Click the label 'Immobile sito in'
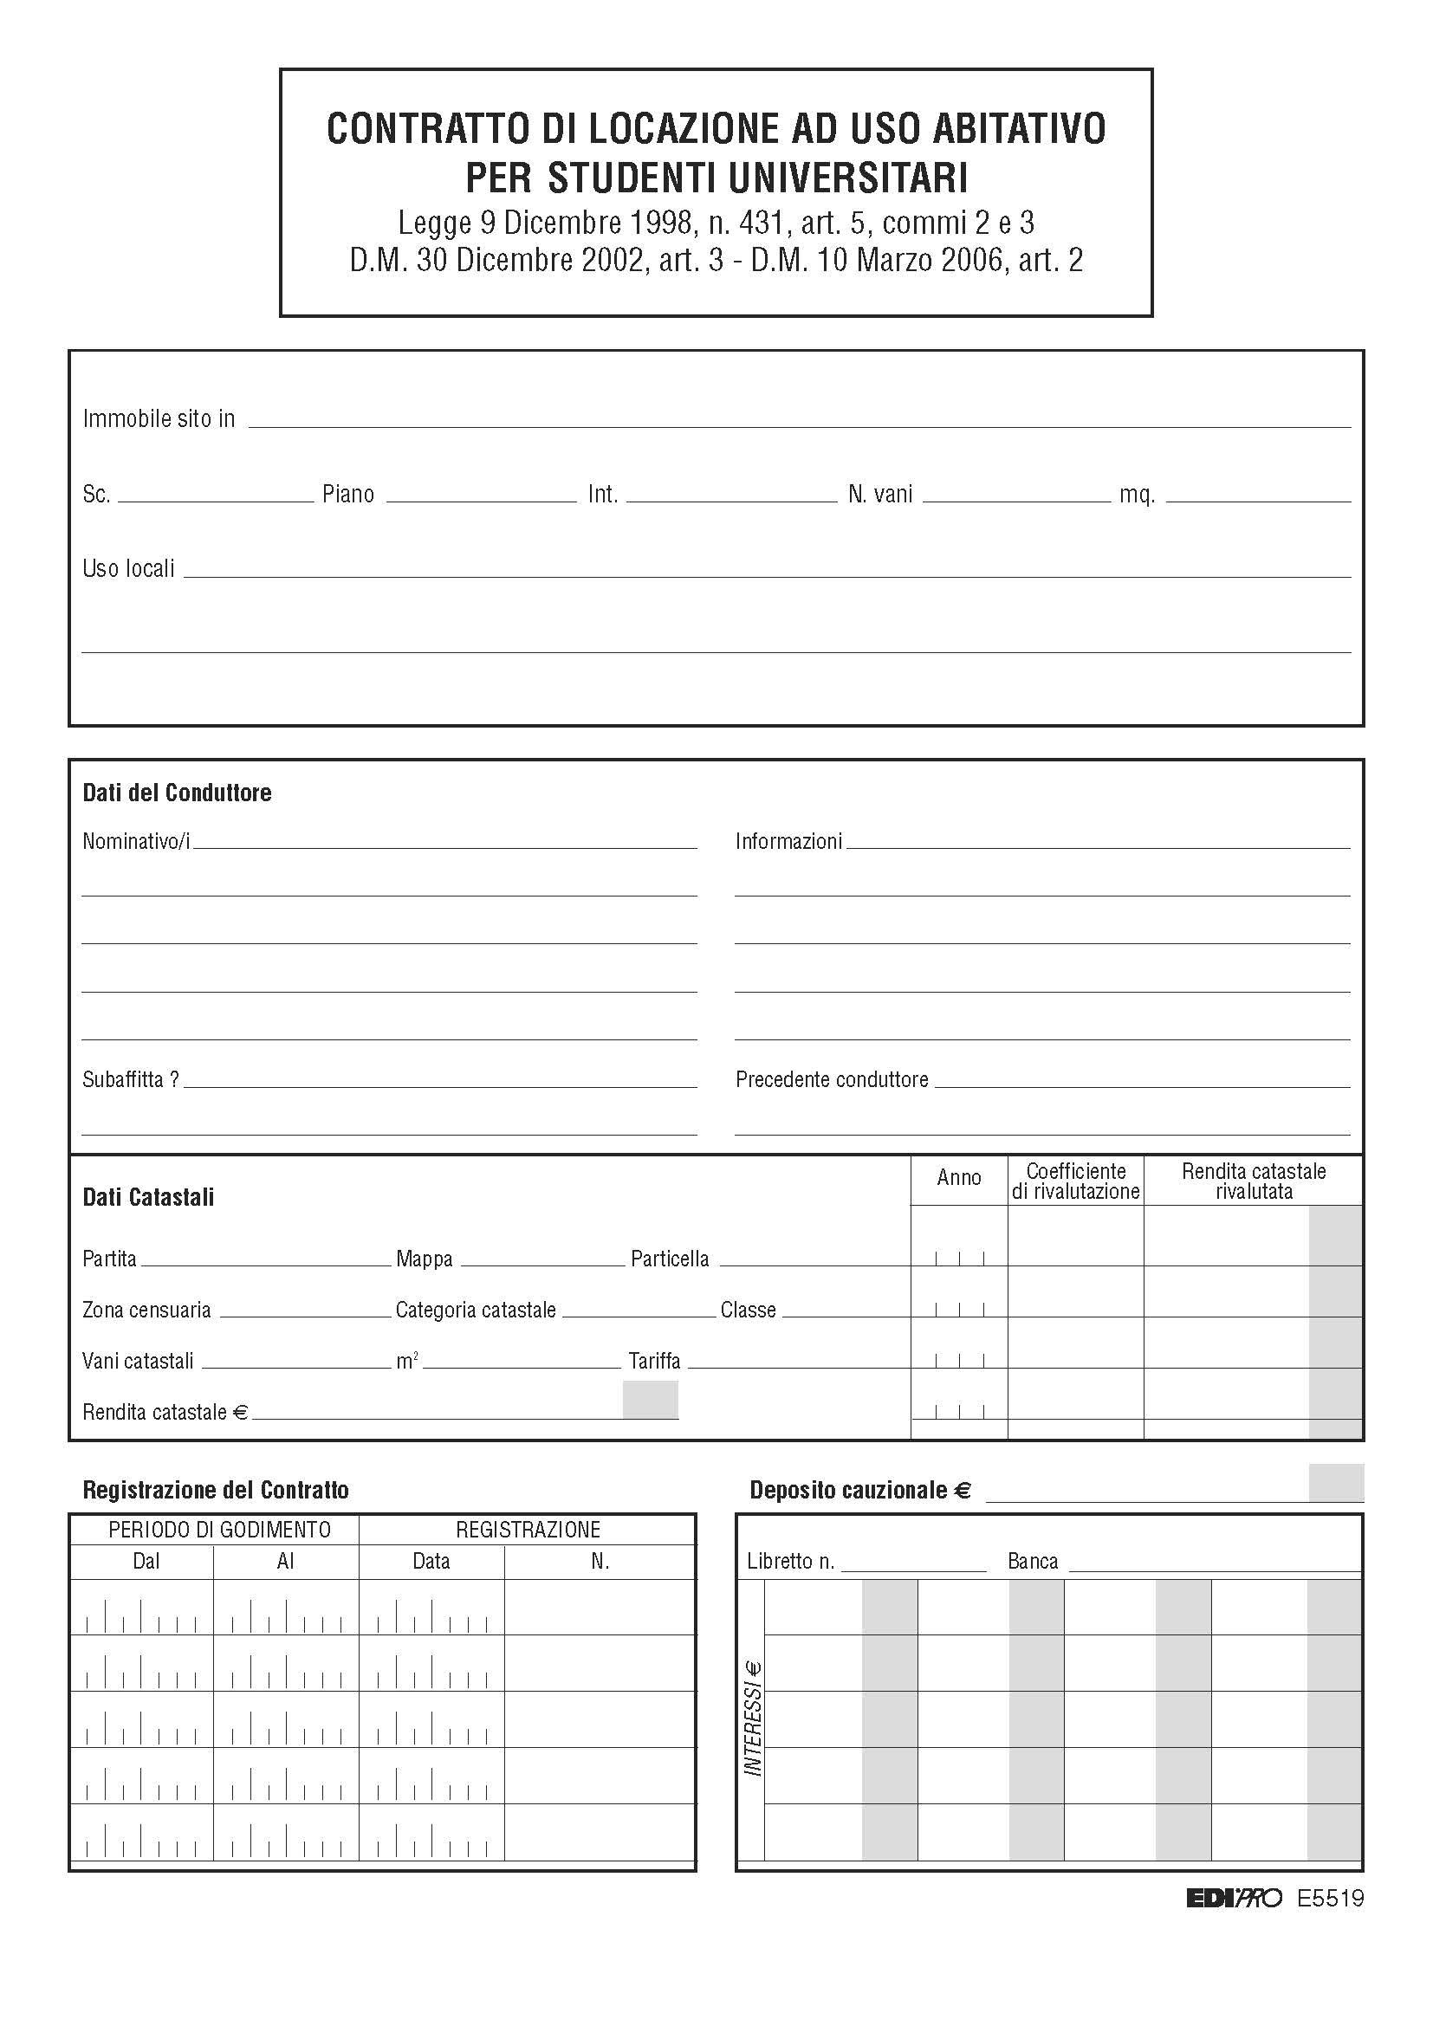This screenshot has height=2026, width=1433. point(159,418)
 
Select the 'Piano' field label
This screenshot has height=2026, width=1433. point(347,494)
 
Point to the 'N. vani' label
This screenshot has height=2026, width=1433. point(879,494)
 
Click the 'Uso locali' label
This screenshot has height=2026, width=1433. point(128,568)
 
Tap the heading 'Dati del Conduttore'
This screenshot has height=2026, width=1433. point(177,793)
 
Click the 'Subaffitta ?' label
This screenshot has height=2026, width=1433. point(131,1079)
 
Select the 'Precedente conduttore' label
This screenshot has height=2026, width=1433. point(831,1079)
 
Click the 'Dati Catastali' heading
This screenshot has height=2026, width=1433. point(148,1197)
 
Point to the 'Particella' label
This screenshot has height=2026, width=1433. point(670,1259)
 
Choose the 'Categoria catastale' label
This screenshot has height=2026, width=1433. point(476,1310)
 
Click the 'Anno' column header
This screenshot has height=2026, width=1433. point(958,1177)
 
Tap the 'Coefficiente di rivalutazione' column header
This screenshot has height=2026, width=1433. point(1076,1181)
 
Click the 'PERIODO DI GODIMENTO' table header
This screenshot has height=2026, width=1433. point(219,1529)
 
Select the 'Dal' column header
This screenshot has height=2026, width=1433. point(146,1561)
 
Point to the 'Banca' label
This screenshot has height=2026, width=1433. point(1033,1561)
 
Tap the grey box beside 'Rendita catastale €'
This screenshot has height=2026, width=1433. point(651,1400)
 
